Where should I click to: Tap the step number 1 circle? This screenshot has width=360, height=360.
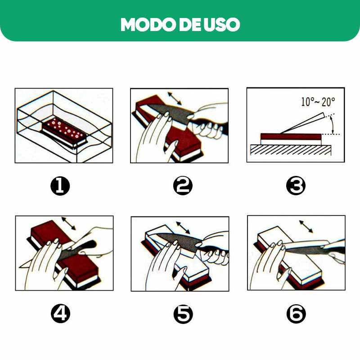(x=60, y=186)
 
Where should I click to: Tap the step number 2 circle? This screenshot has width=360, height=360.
(x=182, y=186)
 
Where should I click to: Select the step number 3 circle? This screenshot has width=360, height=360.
(x=296, y=186)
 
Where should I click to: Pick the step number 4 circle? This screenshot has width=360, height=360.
(x=60, y=314)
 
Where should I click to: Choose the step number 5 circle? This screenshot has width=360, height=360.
(x=182, y=314)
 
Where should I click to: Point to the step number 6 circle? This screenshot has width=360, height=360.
(x=296, y=314)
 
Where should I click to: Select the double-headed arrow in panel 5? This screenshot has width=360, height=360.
(x=183, y=227)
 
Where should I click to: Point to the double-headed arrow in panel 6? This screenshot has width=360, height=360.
(x=306, y=226)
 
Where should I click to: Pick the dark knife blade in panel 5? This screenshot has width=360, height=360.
(x=178, y=243)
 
